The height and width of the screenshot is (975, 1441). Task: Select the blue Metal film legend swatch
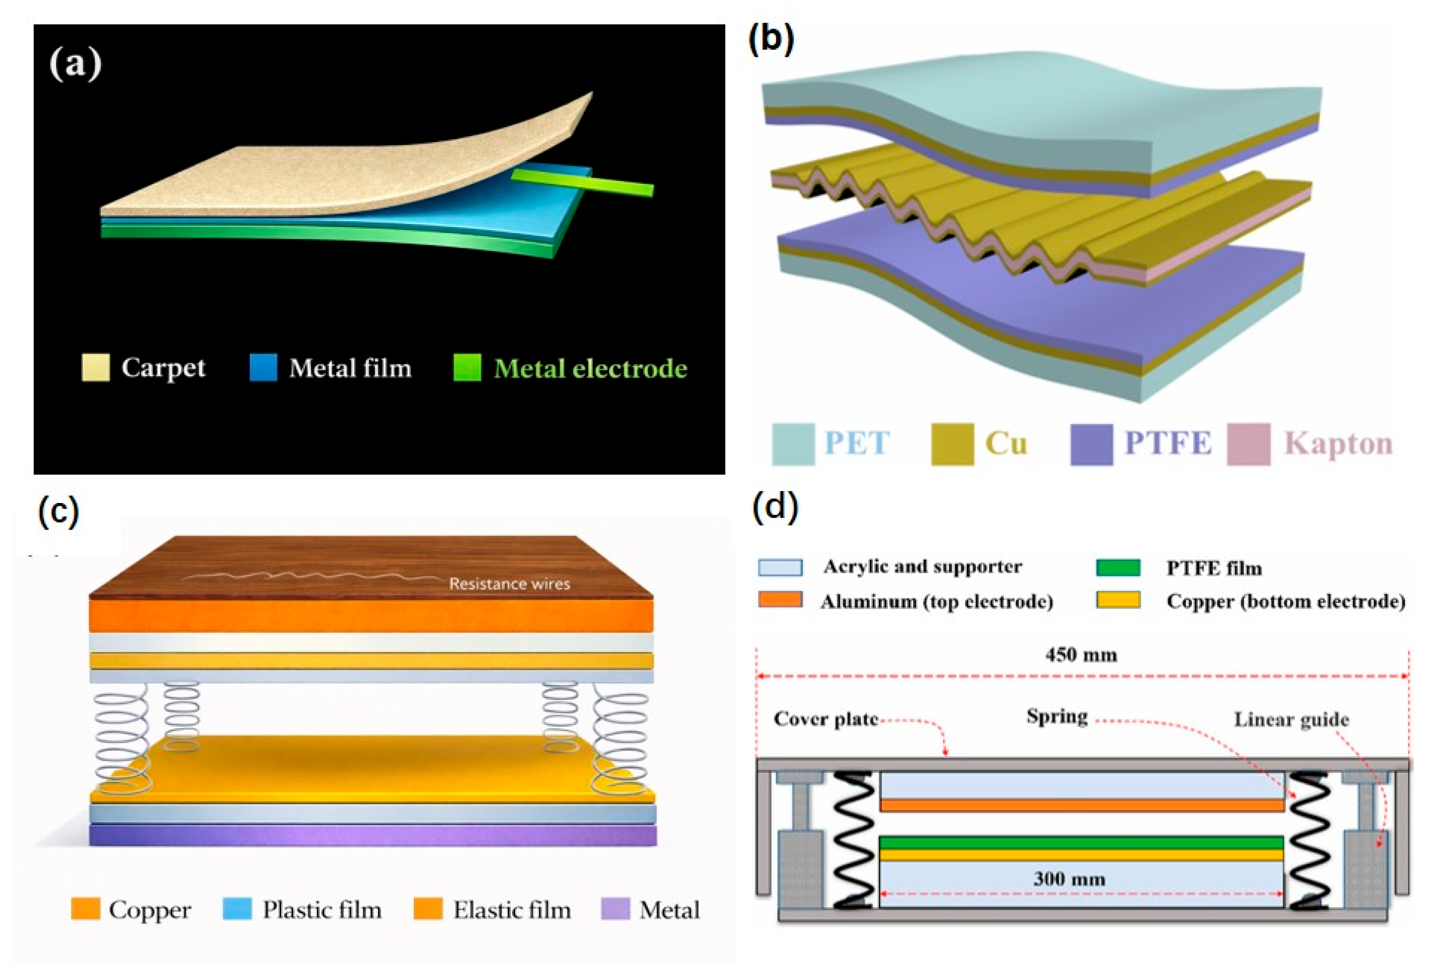click(x=263, y=367)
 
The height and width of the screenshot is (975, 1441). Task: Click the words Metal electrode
click(x=590, y=368)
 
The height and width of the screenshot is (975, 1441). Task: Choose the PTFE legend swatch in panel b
click(x=1091, y=443)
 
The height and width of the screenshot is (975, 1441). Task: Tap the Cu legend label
click(x=1006, y=443)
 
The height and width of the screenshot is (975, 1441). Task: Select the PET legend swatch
click(x=793, y=443)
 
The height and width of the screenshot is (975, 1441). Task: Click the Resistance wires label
click(x=510, y=584)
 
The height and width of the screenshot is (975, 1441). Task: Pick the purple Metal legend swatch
click(x=615, y=909)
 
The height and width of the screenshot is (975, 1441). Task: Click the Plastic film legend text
click(x=322, y=910)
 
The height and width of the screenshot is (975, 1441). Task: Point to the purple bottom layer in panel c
click(x=373, y=835)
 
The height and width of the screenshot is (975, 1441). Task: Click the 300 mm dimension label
click(x=1069, y=878)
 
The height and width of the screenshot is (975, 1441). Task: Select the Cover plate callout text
click(x=826, y=719)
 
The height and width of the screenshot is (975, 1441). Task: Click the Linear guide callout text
click(x=1292, y=719)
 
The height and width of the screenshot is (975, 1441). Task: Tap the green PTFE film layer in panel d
click(x=1081, y=842)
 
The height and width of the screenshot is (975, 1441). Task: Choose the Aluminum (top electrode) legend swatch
click(x=780, y=600)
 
